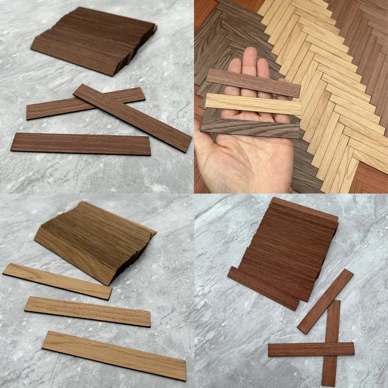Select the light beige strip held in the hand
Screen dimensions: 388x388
(252, 104)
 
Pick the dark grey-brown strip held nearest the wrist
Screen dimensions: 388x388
(250, 128)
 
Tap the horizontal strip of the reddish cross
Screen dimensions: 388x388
(301, 349)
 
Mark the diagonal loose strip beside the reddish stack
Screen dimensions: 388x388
(325, 301)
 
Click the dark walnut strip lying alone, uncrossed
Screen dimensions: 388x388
(81, 144)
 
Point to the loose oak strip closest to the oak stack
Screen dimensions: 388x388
(57, 281)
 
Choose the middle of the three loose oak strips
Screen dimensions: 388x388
(87, 311)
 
